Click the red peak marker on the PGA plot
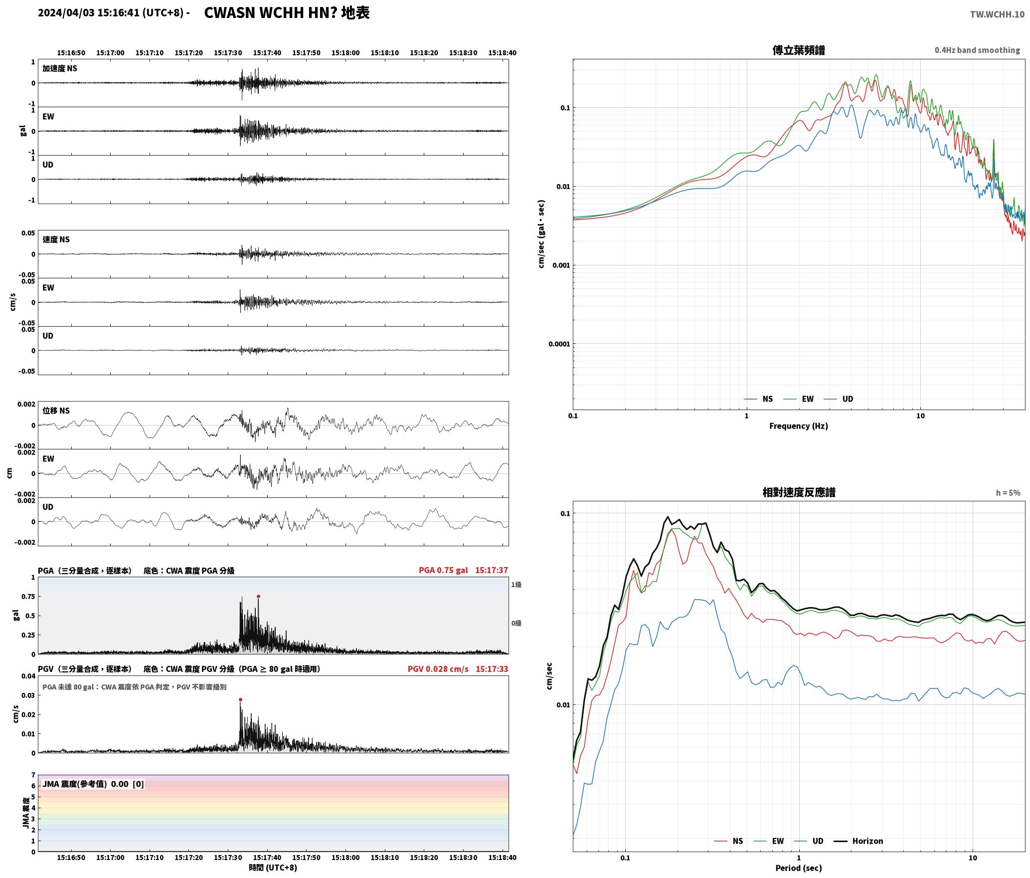pos(258,596)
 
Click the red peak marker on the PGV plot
pos(240,699)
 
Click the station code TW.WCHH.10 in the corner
pos(997,14)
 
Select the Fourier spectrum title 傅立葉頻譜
pos(799,50)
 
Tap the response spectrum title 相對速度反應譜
pos(799,492)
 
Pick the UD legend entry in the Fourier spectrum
pos(839,399)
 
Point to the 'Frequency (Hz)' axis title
pos(799,426)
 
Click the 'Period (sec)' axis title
pos(799,868)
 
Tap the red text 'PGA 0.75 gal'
pos(443,570)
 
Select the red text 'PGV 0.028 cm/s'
pos(438,668)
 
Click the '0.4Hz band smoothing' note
pos(977,50)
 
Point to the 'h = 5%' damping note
pos(1008,492)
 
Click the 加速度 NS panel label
pos(60,68)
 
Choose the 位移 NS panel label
pos(56,411)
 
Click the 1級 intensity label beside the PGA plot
pos(516,584)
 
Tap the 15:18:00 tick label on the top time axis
pos(345,52)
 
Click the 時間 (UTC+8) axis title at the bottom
pos(273,868)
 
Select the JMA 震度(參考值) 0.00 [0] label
pos(93,784)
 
